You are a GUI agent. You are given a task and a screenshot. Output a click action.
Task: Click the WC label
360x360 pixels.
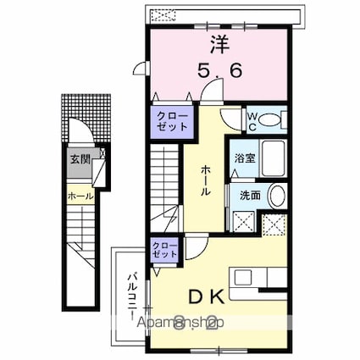pyautogui.click(x=252, y=120)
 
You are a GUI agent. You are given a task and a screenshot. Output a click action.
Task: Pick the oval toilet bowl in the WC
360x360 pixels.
pyautogui.click(x=272, y=120)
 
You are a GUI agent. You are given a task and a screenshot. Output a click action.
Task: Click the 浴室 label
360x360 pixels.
pyautogui.click(x=244, y=157)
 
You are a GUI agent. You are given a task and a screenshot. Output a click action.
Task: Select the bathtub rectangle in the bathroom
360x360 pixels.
pyautogui.click(x=272, y=157)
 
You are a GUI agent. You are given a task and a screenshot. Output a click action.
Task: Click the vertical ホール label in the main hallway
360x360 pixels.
pyautogui.click(x=206, y=180)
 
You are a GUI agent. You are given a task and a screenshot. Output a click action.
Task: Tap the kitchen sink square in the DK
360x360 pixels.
pyautogui.click(x=245, y=277)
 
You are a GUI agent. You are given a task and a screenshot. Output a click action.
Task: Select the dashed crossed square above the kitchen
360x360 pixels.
pyautogui.click(x=274, y=224)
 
